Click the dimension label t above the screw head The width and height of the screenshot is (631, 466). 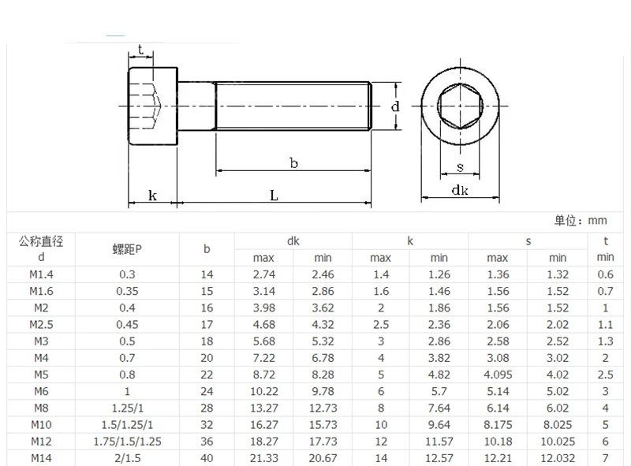point(140,50)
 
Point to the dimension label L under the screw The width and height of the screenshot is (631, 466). point(274,196)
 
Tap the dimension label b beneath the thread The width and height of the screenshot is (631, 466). point(293,163)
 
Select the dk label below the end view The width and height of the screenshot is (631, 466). point(460,190)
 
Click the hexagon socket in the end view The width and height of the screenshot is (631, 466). point(460,106)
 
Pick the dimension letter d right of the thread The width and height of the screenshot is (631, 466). point(395,106)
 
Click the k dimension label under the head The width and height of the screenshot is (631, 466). point(152,196)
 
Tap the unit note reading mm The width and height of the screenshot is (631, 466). point(597,221)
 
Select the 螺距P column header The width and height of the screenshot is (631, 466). point(127,249)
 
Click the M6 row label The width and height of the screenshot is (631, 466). point(41,391)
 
